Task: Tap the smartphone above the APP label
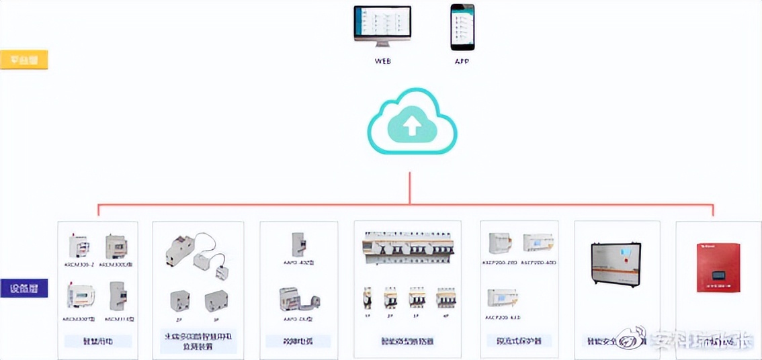tap(462, 27)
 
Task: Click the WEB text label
tap(382, 61)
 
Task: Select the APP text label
tap(462, 61)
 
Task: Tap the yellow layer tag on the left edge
tap(24, 60)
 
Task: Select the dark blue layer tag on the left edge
tap(24, 289)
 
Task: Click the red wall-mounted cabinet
tap(719, 267)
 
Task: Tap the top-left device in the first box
tap(79, 247)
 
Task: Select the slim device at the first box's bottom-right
tap(118, 296)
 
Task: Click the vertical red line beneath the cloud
tap(409, 188)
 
